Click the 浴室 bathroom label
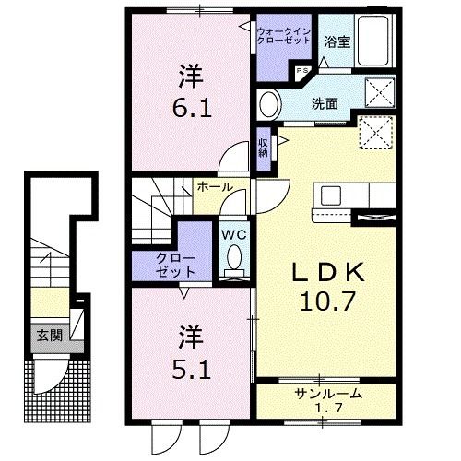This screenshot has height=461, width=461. pos(337,42)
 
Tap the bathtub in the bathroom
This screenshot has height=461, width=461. pos(373,40)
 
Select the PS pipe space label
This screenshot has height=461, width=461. pos(301,70)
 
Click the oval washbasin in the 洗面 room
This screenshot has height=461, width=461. pos(270,104)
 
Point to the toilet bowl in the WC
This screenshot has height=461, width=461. pos(234,256)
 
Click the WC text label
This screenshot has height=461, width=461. pos(234,235)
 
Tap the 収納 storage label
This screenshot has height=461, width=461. pos(263,148)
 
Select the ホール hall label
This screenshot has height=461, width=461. pos(215,186)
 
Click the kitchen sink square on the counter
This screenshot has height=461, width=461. pos(331,195)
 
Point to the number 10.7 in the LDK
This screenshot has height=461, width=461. pos(327,301)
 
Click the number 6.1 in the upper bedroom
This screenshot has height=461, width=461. pos(192,108)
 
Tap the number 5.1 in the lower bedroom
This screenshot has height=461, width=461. pos(191,369)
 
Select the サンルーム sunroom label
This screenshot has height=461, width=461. pos(328,394)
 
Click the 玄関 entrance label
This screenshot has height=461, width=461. pos(50,336)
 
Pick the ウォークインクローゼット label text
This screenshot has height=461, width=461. pos(284,36)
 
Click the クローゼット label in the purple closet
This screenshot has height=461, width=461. pos(175,265)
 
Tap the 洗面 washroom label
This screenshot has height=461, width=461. pos(325,104)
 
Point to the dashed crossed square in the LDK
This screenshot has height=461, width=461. pos(376,133)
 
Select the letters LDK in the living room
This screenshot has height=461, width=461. pos(328,272)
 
